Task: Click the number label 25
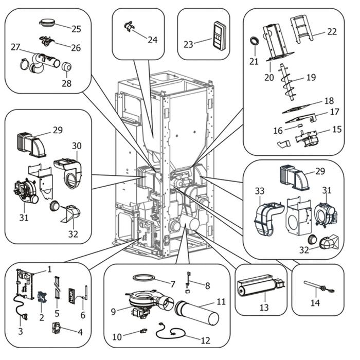77,28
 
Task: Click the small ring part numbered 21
255,41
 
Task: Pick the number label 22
332,32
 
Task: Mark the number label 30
77,146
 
